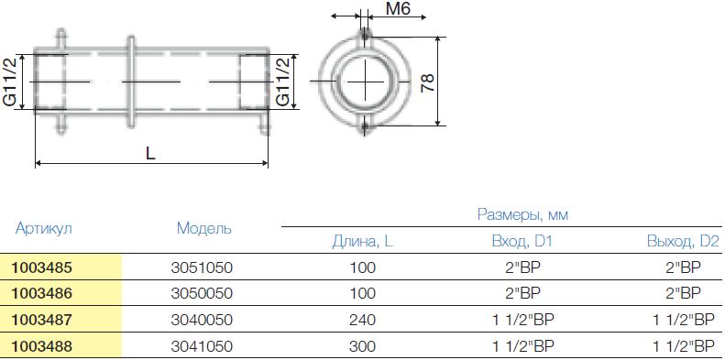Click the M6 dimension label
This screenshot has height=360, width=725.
pyautogui.click(x=398, y=8)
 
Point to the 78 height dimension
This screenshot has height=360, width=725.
pyautogui.click(x=428, y=82)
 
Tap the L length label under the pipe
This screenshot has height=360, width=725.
pyautogui.click(x=150, y=153)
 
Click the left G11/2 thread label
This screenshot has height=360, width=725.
pyautogui.click(x=11, y=82)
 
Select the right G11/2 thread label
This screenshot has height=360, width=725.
pyautogui.click(x=282, y=82)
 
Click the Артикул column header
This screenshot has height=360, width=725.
pyautogui.click(x=44, y=228)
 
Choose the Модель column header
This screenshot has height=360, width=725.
pyautogui.click(x=203, y=228)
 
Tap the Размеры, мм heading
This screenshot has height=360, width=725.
pyautogui.click(x=522, y=214)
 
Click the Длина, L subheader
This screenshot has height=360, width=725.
pyautogui.click(x=363, y=242)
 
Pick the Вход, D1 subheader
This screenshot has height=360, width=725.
pyautogui.click(x=522, y=242)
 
